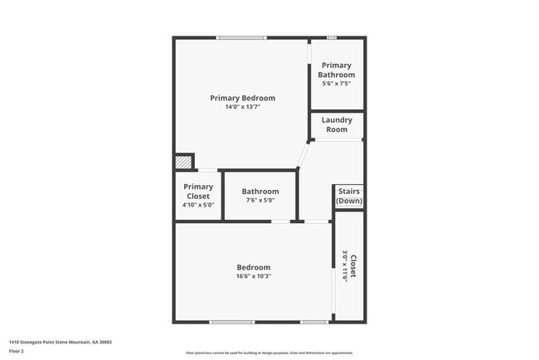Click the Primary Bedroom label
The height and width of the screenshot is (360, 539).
[x=242, y=98]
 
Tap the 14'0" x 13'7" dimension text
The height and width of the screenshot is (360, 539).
[x=242, y=108]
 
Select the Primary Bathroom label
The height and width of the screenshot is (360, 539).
[x=337, y=70]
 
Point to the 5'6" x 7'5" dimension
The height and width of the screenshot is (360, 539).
[x=337, y=84]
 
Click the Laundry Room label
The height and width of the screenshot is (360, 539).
[x=337, y=124]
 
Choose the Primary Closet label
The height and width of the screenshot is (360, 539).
[x=198, y=192]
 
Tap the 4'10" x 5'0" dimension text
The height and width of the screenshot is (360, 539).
[x=198, y=205]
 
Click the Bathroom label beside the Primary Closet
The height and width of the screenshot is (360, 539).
[x=260, y=192]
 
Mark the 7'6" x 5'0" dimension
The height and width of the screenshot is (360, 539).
[x=260, y=201]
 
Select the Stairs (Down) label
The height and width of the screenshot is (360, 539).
[x=348, y=197]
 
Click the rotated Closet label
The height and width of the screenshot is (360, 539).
[x=353, y=265]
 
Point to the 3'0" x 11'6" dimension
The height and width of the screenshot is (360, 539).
[x=345, y=265]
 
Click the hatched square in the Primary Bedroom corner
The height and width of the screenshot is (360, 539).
[x=182, y=163]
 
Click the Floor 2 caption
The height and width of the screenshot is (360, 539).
[x=17, y=351]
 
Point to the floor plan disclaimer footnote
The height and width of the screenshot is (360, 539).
[x=269, y=353]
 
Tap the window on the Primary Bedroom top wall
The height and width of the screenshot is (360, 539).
[x=242, y=37]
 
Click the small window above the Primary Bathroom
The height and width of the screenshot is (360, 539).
[x=331, y=37]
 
